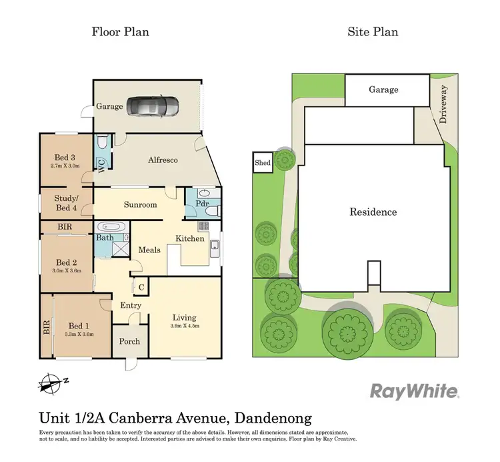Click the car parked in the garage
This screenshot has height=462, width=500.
(x=153, y=106)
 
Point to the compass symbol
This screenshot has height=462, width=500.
(x=49, y=383)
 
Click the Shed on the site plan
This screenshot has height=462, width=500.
(x=263, y=164)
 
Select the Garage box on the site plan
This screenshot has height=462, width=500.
(x=386, y=89)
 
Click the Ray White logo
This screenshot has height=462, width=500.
(x=414, y=391)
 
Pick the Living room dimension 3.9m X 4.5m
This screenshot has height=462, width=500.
(x=185, y=326)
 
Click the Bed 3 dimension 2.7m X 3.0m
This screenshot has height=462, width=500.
(x=64, y=166)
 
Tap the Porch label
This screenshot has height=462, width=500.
(x=129, y=341)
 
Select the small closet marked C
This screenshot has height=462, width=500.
(x=141, y=287)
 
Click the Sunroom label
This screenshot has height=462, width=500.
(x=141, y=204)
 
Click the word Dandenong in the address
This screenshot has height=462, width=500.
(x=270, y=419)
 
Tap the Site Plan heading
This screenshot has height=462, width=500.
(x=373, y=31)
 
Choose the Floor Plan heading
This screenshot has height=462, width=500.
(x=120, y=31)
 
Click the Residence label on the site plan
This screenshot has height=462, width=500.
(x=373, y=212)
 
